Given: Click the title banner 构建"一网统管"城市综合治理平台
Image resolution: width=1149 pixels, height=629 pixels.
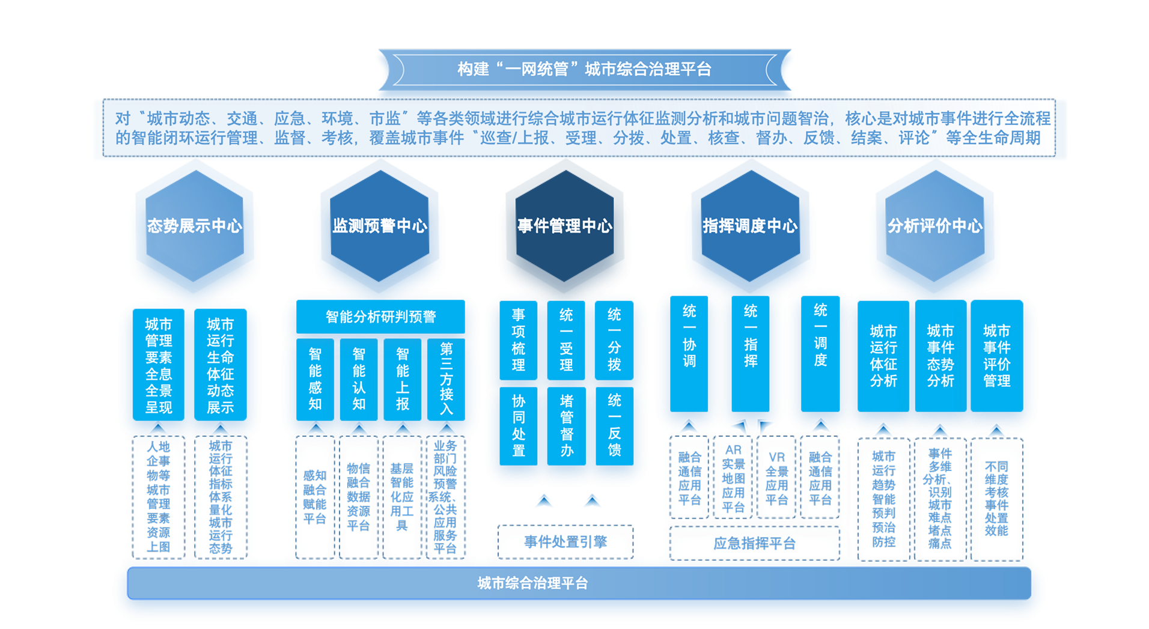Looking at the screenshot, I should pos(584,70).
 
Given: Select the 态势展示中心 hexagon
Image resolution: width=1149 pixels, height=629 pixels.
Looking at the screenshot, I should pos(194,226).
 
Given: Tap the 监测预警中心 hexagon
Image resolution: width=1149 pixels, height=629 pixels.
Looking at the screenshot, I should pos(380,226).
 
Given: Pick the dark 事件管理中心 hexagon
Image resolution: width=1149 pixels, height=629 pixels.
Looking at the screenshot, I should pos(565,226).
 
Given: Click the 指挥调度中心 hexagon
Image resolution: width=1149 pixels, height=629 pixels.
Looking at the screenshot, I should pos(750,226).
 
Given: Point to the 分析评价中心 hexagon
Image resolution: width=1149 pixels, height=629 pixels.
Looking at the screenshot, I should pos(935,226).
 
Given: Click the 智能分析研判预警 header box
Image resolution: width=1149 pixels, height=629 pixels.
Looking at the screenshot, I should pos(380,317).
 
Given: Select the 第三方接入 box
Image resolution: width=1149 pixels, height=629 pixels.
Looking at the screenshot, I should pos(446,378).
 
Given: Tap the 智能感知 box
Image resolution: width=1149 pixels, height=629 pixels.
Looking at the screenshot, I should pos(315,378).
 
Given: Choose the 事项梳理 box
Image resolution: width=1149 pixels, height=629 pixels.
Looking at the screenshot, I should pos(518,339).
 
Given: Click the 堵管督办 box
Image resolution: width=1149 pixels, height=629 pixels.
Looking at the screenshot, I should pos(566,425).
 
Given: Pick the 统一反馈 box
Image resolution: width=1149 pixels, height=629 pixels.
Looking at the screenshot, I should pos(614,425).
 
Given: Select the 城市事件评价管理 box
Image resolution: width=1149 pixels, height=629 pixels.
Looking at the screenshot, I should pos(996,356).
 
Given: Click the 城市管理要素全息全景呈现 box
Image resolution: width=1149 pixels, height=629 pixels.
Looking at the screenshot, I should pos(159,365).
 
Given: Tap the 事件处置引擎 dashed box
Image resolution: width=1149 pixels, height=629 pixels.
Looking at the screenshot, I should pos(565,542).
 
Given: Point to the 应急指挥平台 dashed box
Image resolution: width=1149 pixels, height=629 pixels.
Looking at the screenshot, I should pos(754,544).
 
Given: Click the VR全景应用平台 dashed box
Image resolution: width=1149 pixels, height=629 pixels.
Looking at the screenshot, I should pos(776,478).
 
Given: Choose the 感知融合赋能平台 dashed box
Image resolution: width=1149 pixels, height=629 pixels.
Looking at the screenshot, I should pos(315,497).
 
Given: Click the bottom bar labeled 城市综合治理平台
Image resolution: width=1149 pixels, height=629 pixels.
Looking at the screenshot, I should pos(532,583).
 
